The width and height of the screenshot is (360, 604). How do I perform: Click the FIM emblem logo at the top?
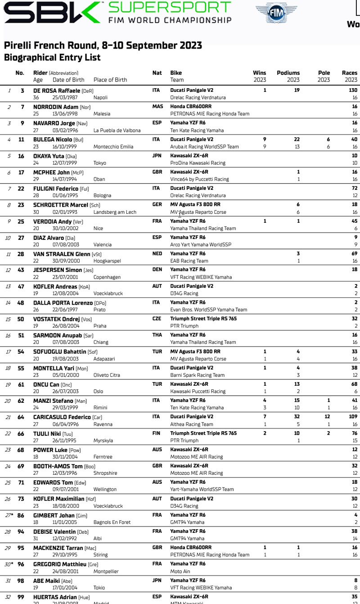click(276, 14)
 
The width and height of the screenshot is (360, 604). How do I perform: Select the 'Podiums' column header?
click(288, 73)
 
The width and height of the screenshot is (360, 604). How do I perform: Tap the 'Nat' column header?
click(157, 73)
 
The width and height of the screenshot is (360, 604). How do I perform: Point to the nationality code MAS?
click(157, 107)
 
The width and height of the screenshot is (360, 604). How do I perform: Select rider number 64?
click(21, 417)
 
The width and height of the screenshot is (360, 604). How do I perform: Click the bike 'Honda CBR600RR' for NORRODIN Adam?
click(191, 107)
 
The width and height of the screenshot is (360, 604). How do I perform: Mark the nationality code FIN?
click(157, 433)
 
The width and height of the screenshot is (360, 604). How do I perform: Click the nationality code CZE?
click(157, 319)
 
